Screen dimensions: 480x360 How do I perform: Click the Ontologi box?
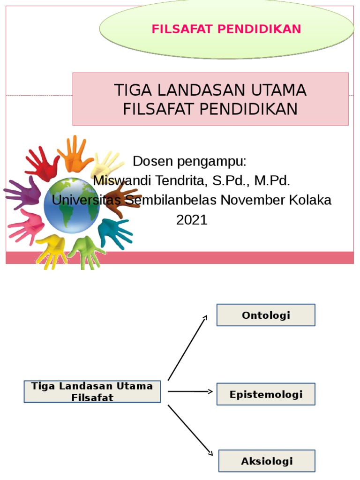266,315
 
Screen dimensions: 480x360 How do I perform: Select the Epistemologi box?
266,394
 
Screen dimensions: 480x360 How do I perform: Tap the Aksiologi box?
267,461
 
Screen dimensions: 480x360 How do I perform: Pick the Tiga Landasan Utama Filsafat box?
92,392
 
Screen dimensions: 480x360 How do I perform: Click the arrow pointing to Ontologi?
187,347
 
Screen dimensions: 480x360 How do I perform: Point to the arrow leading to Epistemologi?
190,391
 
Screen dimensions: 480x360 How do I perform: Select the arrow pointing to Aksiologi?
190,430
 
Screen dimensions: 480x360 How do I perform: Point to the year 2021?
192,220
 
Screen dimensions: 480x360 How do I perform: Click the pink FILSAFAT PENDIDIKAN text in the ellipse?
226,29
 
